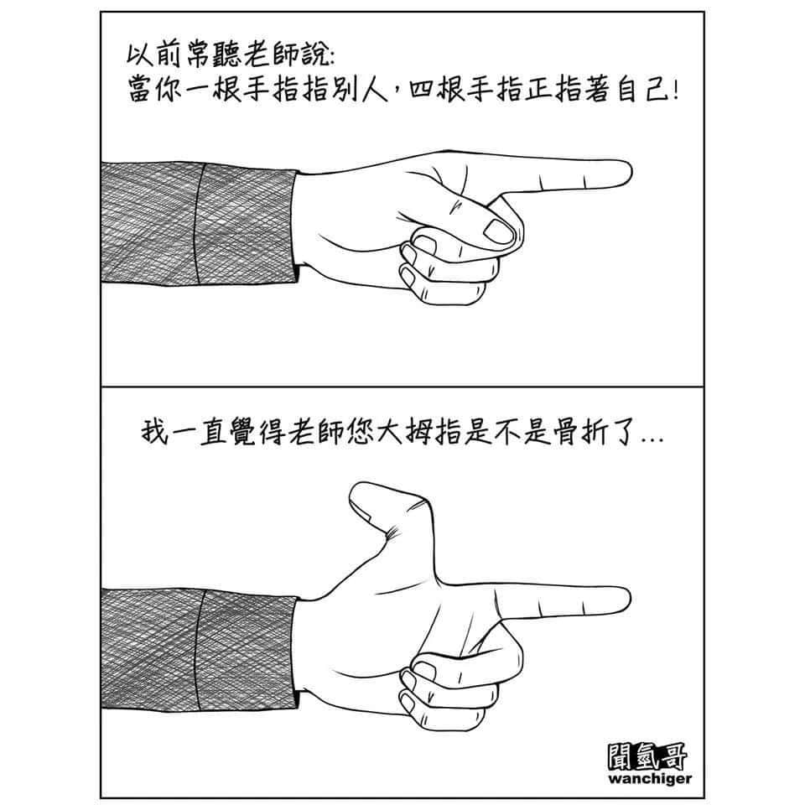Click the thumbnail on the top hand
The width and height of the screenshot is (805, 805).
(x=499, y=231)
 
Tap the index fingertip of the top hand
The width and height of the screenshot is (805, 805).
(x=628, y=174)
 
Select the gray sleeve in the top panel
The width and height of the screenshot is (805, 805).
(x=200, y=223)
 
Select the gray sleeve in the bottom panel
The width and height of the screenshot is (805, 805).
(x=200, y=649)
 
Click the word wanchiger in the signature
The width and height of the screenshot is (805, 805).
(x=649, y=779)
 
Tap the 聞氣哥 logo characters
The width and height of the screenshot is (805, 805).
(x=647, y=756)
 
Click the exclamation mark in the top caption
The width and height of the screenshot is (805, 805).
(x=673, y=91)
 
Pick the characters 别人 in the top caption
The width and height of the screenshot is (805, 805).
(x=360, y=91)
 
